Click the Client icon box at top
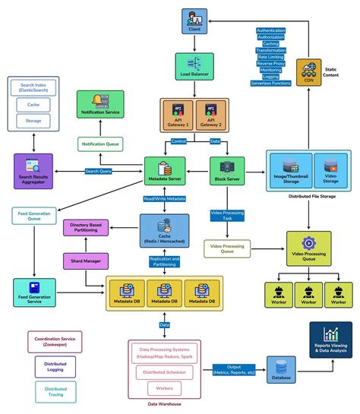(193, 21)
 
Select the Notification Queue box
(101, 144)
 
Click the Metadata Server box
(165, 171)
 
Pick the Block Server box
(227, 171)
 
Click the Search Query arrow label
(99, 172)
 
